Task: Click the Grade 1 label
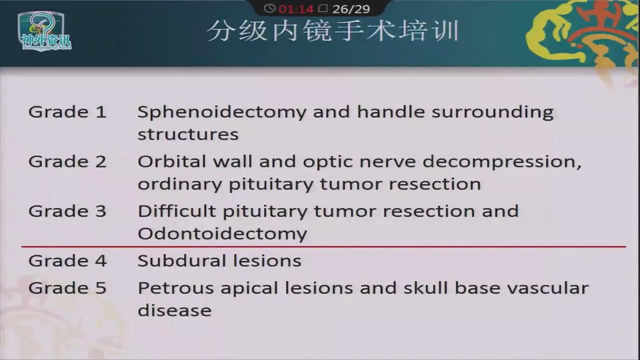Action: pyautogui.click(x=67, y=111)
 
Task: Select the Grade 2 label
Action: pyautogui.click(x=67, y=161)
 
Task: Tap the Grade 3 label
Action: pyautogui.click(x=67, y=211)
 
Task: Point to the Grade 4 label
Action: pyautogui.click(x=67, y=261)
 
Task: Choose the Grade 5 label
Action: pyautogui.click(x=67, y=287)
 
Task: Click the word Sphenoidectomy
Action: pyautogui.click(x=222, y=112)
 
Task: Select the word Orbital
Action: pyautogui.click(x=172, y=161)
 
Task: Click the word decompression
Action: pyautogui.click(x=502, y=163)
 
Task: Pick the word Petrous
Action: pyautogui.click(x=175, y=287)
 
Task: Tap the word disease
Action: pyautogui.click(x=174, y=310)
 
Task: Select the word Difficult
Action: pyautogui.click(x=176, y=211)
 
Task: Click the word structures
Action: pyautogui.click(x=188, y=134)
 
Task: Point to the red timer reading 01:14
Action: pyautogui.click(x=296, y=9)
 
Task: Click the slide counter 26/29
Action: pyautogui.click(x=351, y=9)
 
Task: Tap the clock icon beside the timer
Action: pyautogui.click(x=269, y=8)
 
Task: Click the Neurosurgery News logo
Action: pyautogui.click(x=45, y=31)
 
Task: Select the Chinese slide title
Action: pyautogui.click(x=333, y=31)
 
